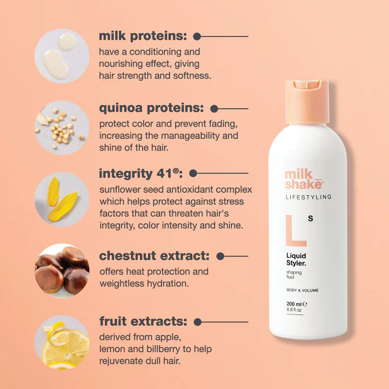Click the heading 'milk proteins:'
tap(143, 36)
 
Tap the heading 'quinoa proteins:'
tap(151, 108)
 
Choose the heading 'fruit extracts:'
tap(143, 322)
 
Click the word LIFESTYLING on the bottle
tap(308, 197)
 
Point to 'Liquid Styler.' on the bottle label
tap(298, 259)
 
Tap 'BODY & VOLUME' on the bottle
tap(302, 291)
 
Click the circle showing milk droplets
tap(62, 56)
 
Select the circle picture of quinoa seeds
tap(62, 128)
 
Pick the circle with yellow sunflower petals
tap(62, 199)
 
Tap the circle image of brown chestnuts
tap(62, 271)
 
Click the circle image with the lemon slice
tap(62, 343)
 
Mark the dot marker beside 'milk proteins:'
tap(197, 37)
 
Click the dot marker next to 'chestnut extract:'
tap(220, 256)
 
